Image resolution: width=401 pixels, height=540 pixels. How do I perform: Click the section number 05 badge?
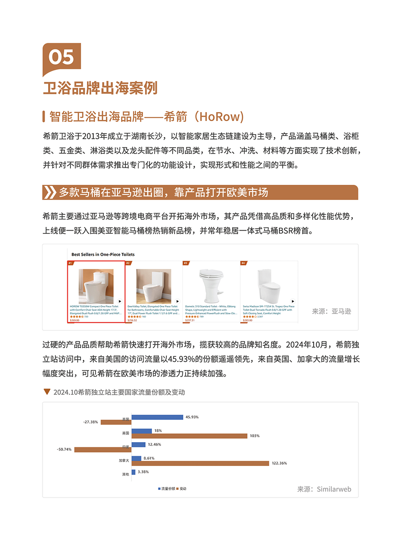(x=62, y=57)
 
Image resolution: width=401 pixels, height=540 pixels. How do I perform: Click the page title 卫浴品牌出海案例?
(x=100, y=88)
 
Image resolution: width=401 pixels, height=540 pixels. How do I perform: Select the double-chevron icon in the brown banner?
(x=50, y=192)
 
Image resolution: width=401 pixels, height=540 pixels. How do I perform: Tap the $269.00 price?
(x=74, y=320)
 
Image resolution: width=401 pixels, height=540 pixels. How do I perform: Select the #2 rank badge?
(x=128, y=263)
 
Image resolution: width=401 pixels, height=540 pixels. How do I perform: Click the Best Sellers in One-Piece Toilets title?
(x=103, y=254)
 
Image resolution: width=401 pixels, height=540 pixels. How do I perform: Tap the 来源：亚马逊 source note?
(x=331, y=311)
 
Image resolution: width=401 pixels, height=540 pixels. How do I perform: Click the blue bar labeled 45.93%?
(x=157, y=417)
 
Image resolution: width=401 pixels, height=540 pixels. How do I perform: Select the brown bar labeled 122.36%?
(x=200, y=463)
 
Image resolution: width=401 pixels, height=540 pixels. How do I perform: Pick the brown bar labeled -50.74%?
(x=103, y=450)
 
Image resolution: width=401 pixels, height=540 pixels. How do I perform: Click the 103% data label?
(x=255, y=436)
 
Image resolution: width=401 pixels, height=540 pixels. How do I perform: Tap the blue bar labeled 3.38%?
(x=133, y=472)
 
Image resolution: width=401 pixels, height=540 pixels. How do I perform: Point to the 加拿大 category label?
(x=124, y=461)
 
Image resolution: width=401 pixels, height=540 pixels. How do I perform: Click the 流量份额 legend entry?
(x=167, y=489)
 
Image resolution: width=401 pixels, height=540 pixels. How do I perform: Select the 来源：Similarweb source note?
(x=324, y=489)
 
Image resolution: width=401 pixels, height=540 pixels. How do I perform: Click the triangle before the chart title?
(x=47, y=391)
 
